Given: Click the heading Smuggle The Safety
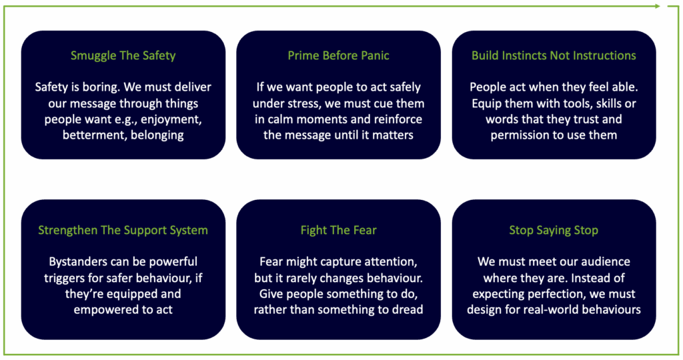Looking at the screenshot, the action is tap(123, 56).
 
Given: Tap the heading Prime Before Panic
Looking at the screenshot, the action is tap(338, 56).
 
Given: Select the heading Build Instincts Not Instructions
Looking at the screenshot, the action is tap(554, 56).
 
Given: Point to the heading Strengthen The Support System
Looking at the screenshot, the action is tap(123, 230).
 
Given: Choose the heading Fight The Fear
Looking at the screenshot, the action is tap(338, 230).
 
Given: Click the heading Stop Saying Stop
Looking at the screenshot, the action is tap(554, 230).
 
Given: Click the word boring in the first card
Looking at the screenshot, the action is tap(101, 87).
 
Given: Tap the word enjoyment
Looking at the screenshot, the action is tap(174, 120).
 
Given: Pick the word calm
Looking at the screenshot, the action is tap(283, 119).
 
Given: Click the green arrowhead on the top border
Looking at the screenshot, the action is tap(657, 6).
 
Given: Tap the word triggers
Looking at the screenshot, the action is tap(64, 278).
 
